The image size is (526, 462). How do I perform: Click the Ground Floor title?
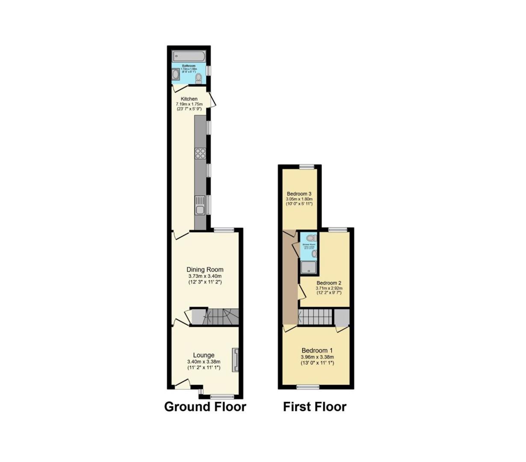205,406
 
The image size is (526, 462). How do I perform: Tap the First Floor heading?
314,406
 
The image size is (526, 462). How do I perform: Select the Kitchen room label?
189,99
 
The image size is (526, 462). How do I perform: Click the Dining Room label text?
205,269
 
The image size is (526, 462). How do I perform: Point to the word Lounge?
204,355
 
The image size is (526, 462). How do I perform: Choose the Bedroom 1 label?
317,350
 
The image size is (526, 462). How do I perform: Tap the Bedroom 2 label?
328,283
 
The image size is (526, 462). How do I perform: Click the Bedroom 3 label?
299,193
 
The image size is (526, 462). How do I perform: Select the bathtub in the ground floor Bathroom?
189,56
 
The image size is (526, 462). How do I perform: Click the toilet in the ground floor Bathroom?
198,78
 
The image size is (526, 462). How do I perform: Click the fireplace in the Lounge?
235,360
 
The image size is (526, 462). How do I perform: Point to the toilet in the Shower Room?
311,238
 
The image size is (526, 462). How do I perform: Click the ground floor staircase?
214,317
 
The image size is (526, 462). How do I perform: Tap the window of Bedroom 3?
307,167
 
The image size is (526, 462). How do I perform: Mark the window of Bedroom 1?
308,387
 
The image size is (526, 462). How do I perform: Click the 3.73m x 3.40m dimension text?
205,276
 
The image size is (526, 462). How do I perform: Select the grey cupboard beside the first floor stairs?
341,317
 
